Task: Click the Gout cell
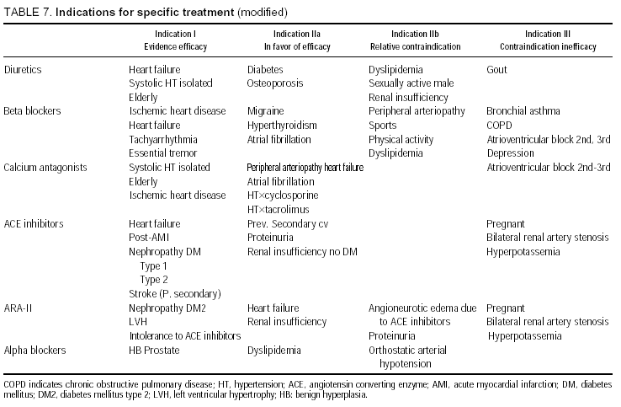(496, 69)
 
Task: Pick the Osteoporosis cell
(275, 83)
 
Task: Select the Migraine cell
(265, 111)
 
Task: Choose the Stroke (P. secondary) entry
(175, 293)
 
